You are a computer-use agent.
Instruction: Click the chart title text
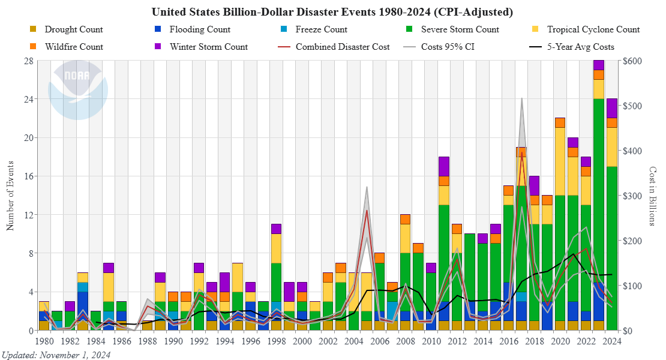point(333,12)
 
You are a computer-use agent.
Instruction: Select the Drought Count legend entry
point(73,29)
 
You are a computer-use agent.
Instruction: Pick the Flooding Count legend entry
point(200,29)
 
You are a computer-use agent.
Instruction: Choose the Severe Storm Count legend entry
point(460,29)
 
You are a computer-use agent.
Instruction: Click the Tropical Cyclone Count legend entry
point(593,29)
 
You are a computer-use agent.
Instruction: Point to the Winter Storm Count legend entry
point(208,47)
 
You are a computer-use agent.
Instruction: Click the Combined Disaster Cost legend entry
point(342,47)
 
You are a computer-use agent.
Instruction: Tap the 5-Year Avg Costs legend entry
point(580,47)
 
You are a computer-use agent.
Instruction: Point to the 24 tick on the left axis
point(28,99)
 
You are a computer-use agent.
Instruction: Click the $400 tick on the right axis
point(634,151)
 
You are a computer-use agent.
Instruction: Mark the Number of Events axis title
point(10,196)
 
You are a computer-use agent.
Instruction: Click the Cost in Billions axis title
point(653,196)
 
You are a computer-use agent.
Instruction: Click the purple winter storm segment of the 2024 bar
point(611,108)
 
